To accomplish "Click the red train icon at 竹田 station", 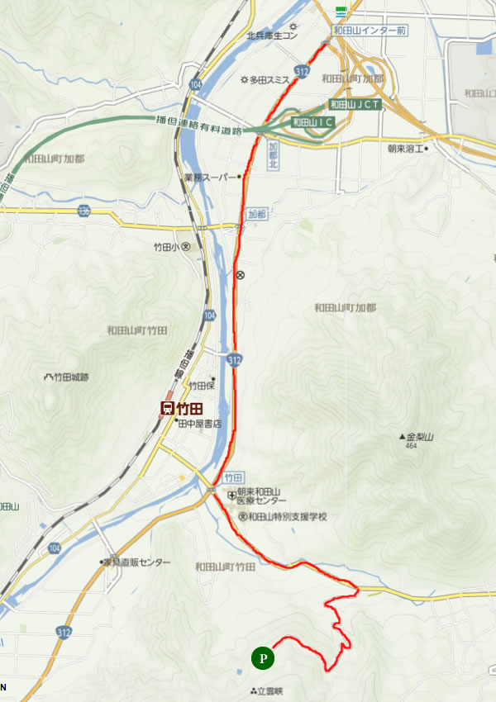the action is [x=166, y=407].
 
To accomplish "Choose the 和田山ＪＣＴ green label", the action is [x=355, y=105].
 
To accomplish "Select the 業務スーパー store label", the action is [x=210, y=177].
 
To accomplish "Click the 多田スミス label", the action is [x=266, y=79].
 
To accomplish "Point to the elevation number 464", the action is [x=411, y=446].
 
